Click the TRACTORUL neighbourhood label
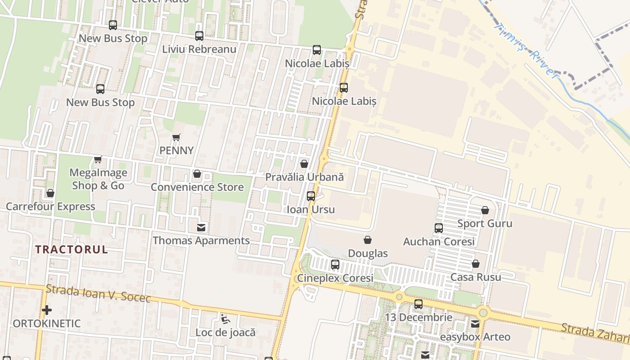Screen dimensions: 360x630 (x=72, y=250)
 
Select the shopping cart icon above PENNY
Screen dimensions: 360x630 (x=176, y=137)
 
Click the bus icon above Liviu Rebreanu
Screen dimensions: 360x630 (x=199, y=36)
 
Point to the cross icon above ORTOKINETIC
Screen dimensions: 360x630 (x=46, y=310)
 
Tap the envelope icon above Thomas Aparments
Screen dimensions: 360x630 (x=201, y=228)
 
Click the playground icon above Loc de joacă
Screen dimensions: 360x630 (x=225, y=319)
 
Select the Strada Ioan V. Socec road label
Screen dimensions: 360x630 (x=98, y=293)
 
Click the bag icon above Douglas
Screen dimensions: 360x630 (x=368, y=240)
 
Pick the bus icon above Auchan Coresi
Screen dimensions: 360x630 (x=439, y=228)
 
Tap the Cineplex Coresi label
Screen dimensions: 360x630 (x=335, y=278)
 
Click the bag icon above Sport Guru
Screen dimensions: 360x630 (x=485, y=210)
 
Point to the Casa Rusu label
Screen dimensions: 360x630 (x=476, y=277)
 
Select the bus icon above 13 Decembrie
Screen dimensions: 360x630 (x=418, y=304)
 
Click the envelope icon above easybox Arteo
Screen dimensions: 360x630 (x=475, y=324)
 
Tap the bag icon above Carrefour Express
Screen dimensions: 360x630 (x=50, y=193)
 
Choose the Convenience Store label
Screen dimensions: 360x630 (x=197, y=187)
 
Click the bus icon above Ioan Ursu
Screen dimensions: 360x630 (x=310, y=196)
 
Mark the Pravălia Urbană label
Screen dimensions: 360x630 (x=304, y=177)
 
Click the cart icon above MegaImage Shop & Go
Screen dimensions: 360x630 (x=98, y=159)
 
